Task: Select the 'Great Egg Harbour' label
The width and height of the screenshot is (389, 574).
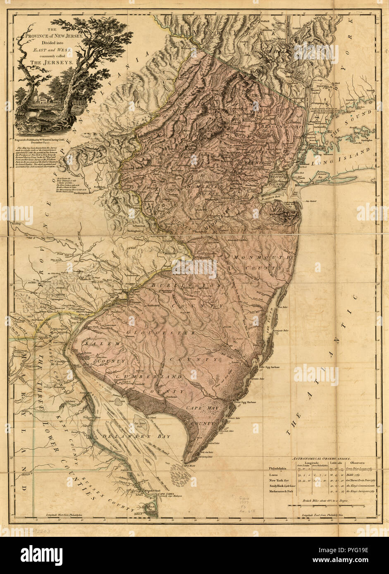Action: click(x=246, y=401)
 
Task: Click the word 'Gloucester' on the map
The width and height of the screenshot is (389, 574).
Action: click(x=161, y=333)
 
